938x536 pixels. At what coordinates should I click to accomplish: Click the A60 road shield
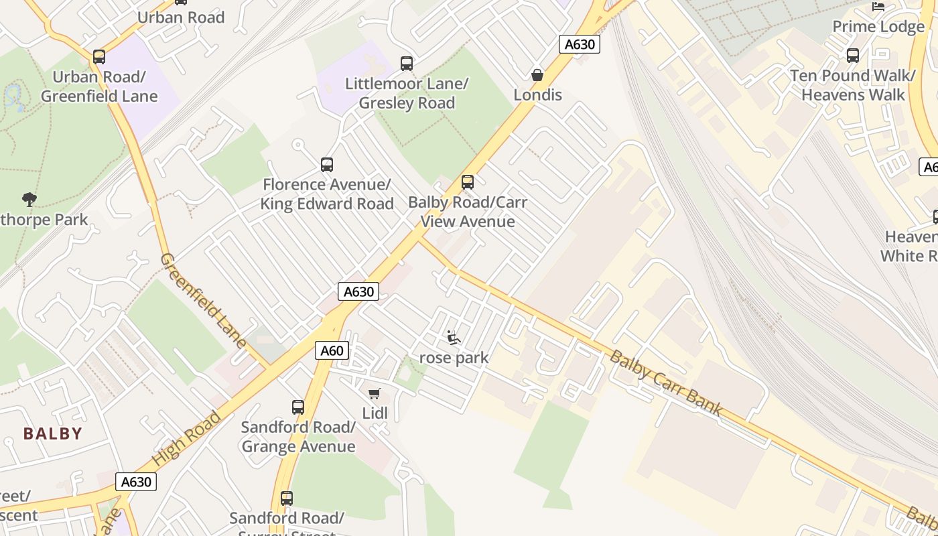332,350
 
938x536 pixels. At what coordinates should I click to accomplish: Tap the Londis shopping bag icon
537,75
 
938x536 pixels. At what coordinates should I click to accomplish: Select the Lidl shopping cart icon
375,393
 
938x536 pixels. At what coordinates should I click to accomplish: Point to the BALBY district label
53,433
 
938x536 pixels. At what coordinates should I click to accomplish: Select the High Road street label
187,439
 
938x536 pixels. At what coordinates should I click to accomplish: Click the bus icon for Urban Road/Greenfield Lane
99,57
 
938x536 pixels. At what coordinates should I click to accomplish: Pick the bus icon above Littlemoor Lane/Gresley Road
407,64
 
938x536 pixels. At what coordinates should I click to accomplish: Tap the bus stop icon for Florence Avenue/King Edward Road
327,164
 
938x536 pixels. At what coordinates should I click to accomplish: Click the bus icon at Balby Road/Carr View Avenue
468,182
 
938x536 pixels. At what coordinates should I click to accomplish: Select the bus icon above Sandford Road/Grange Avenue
298,407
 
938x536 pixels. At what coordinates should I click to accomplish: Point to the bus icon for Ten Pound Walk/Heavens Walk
852,56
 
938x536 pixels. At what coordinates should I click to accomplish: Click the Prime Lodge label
878,27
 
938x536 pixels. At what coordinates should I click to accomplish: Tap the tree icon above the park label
29,199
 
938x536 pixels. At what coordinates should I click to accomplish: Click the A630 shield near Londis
580,44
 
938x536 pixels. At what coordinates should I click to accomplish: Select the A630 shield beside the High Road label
136,482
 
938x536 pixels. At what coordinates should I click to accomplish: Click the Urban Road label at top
181,17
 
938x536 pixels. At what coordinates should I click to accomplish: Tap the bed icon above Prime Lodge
878,7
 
